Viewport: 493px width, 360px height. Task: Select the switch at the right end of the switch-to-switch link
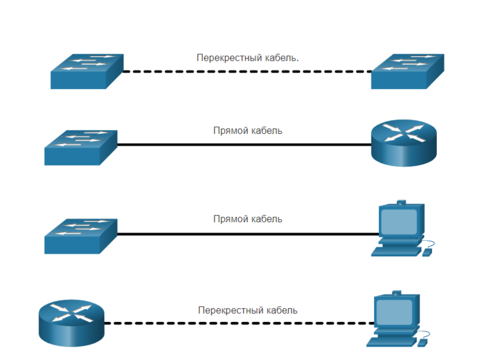coord(406,71)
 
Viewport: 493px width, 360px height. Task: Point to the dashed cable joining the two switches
coord(247,71)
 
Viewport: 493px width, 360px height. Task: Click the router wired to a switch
coord(403,143)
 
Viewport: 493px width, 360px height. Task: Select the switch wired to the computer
coord(80,235)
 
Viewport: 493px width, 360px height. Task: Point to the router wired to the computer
coord(71,322)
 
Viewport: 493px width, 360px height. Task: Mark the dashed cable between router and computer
coord(239,323)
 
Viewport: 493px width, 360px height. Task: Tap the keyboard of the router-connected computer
coord(390,342)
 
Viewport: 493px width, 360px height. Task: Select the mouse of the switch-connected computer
coord(427,253)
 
